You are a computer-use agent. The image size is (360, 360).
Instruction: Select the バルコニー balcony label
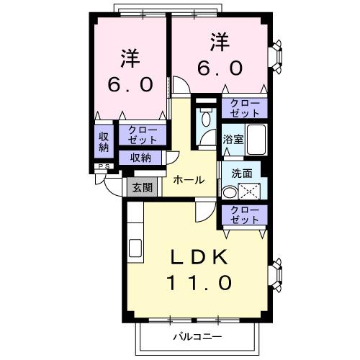tap(197, 336)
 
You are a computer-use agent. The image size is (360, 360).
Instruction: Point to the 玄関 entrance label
tap(142, 188)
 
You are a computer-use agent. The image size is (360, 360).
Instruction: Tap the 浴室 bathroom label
tap(231, 139)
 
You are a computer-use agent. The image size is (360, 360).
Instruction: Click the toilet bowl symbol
tap(207, 120)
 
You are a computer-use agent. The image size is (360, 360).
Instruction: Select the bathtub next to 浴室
tap(256, 139)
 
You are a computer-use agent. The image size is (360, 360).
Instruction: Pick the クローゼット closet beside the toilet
tap(244, 108)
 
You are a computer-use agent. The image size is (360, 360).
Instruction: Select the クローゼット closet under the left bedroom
tap(142, 135)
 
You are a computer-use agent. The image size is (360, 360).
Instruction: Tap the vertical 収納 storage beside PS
tap(103, 140)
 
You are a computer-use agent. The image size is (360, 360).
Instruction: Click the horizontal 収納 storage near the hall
tap(141, 158)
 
